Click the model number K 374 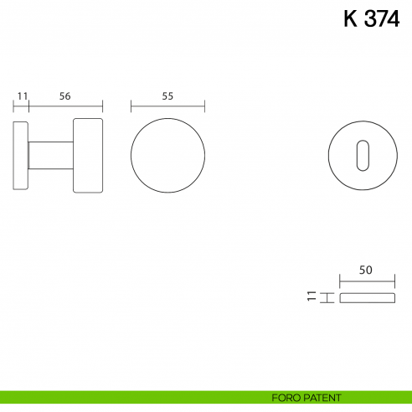371,18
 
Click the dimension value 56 64,96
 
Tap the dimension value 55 167,96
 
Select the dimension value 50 365,270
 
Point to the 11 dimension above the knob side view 22,96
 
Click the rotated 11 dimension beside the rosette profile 312,296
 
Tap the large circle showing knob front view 167,156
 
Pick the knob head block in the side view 88,156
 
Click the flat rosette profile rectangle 365,297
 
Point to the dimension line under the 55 167,107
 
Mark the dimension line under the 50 365,281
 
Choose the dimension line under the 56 66,107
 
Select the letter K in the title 351,18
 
